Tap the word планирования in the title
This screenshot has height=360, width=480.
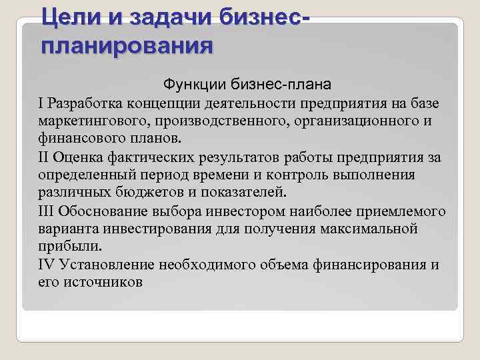pyautogui.click(x=127, y=47)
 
